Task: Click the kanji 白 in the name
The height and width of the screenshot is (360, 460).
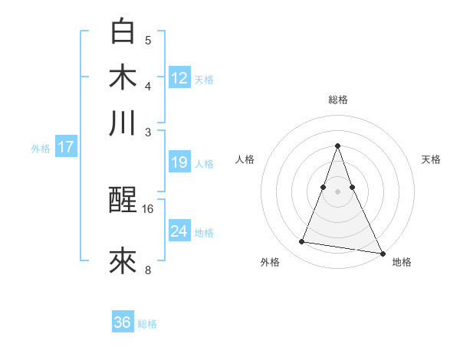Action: [123, 31]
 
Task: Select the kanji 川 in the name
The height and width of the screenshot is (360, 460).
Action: [123, 123]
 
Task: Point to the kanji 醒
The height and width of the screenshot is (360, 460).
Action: [123, 201]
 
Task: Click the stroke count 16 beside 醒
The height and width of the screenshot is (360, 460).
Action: [148, 208]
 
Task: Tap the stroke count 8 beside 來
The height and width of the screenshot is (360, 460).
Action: [148, 270]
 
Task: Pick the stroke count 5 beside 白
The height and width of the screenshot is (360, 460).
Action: [148, 40]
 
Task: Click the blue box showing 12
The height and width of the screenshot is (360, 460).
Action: [179, 77]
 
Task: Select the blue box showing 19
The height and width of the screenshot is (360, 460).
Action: [179, 162]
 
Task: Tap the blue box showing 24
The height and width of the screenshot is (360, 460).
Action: [179, 231]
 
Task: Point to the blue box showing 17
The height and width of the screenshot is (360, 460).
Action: [65, 147]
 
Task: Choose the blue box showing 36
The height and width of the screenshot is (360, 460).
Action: [123, 322]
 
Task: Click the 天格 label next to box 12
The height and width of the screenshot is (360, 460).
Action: [204, 80]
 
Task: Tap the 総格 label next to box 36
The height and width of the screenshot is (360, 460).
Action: [147, 325]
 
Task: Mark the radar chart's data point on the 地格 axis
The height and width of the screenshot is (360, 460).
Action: [382, 253]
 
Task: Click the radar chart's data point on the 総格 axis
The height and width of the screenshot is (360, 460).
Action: [337, 146]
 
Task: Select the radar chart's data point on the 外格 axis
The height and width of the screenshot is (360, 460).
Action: [302, 242]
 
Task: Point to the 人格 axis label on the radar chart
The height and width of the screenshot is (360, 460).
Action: [245, 159]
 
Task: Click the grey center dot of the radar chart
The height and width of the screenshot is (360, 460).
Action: [337, 191]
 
